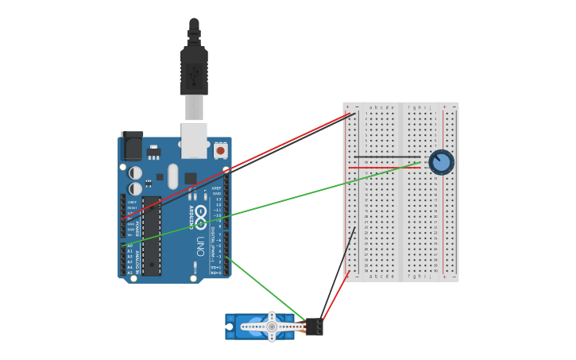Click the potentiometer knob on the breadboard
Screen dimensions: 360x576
[x=441, y=162]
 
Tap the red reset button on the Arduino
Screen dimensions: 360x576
[x=220, y=149]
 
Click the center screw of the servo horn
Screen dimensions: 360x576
[x=272, y=327]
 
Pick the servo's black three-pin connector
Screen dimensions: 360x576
[x=314, y=327]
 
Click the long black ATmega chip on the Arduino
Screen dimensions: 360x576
[x=152, y=236]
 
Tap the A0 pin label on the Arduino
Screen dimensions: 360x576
[x=130, y=246]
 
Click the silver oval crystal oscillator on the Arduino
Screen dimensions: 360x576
[x=173, y=176]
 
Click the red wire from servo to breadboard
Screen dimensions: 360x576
[x=335, y=296]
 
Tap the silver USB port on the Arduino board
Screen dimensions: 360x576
[x=194, y=139]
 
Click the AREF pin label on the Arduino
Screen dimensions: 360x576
[x=216, y=188]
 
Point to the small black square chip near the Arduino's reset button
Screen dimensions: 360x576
[x=191, y=178]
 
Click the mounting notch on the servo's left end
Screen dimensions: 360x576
[x=230, y=326]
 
